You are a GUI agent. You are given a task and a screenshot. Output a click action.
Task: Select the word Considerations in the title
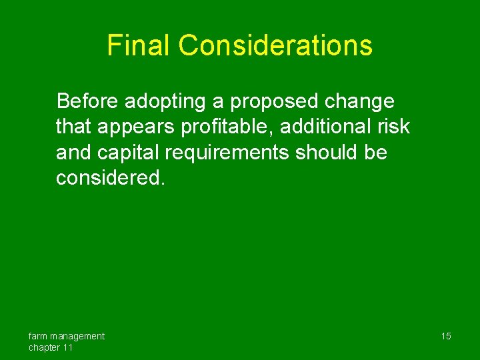click(x=275, y=45)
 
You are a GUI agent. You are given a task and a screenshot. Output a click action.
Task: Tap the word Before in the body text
click(x=87, y=101)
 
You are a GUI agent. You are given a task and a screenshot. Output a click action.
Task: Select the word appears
click(x=141, y=127)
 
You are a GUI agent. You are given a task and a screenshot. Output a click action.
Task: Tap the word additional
click(x=328, y=127)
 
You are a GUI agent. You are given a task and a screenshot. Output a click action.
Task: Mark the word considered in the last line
click(x=107, y=178)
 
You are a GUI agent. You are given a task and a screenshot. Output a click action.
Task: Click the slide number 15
click(x=445, y=336)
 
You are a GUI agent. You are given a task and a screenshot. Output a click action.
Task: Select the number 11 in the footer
click(x=69, y=348)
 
